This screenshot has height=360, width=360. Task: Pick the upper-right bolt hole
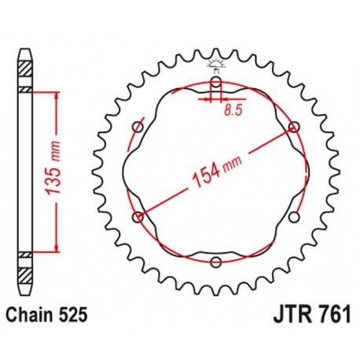click(x=294, y=127)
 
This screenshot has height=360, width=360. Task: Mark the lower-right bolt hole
click(x=294, y=217)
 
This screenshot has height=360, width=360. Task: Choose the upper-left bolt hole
click(x=138, y=127)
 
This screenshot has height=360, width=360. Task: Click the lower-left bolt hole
click(x=138, y=217)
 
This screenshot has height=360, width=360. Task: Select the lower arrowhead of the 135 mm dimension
click(x=55, y=249)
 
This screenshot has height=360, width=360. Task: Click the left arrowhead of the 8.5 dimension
click(x=209, y=100)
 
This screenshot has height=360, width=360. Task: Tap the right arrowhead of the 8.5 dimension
click(x=222, y=100)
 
